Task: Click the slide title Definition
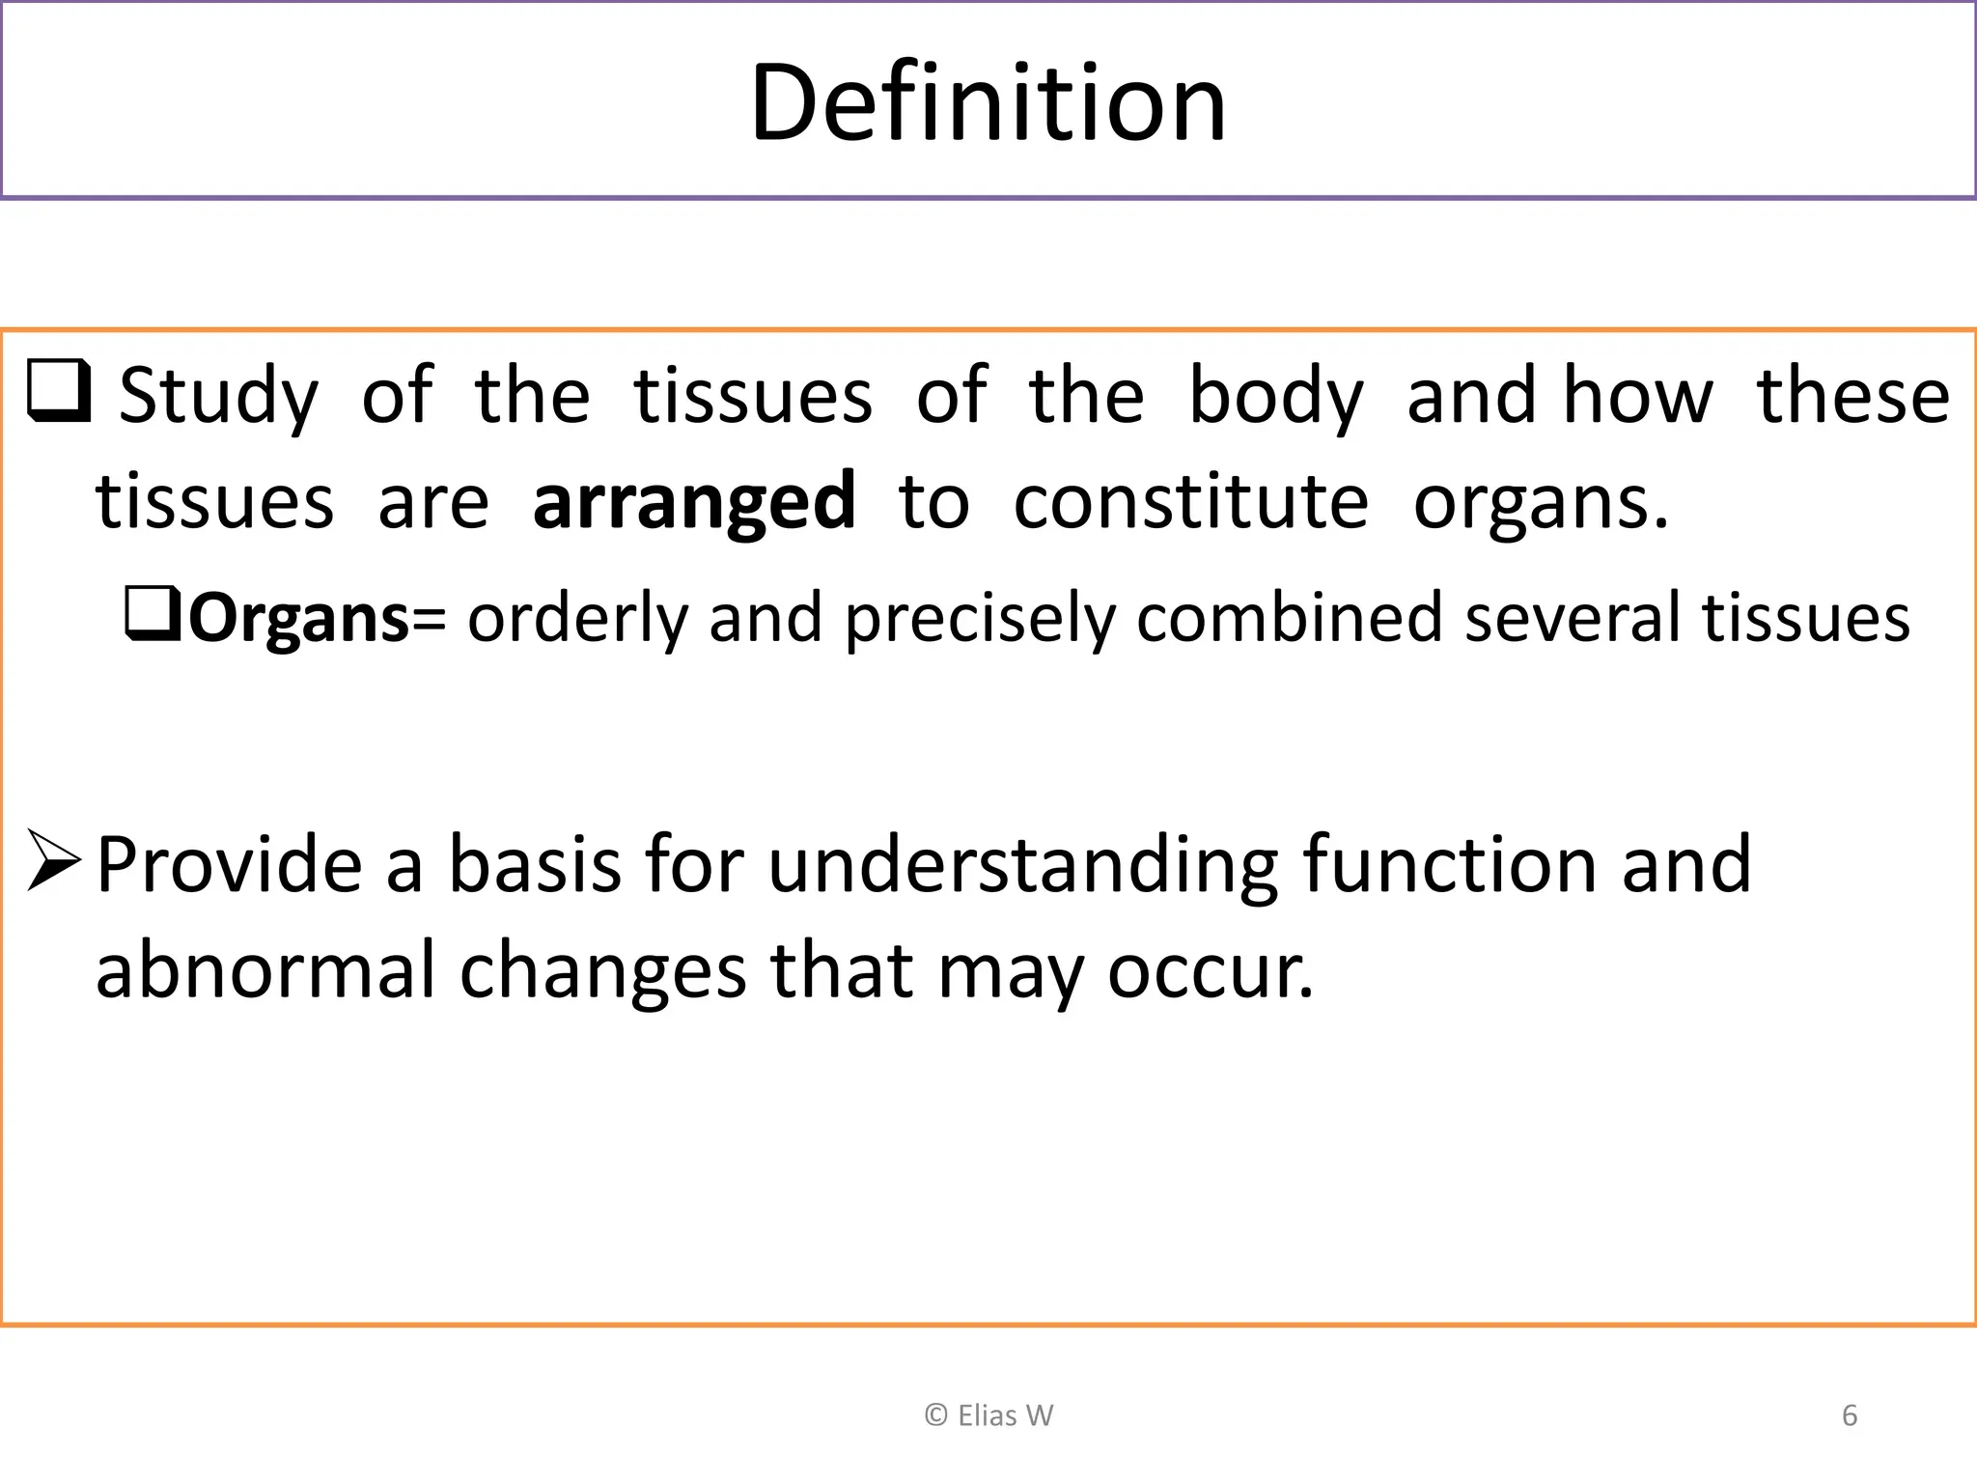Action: [x=988, y=102]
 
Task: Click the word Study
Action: [x=218, y=397]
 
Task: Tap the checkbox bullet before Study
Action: [x=59, y=391]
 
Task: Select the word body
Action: [x=1275, y=397]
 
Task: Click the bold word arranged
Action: [x=693, y=502]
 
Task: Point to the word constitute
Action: [x=1190, y=502]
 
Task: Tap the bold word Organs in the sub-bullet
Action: [x=299, y=618]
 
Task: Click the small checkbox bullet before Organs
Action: [x=153, y=614]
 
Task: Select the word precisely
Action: [x=979, y=618]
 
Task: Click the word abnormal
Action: [x=265, y=970]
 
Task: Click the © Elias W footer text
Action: [x=988, y=1415]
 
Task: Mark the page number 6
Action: [x=1850, y=1415]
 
